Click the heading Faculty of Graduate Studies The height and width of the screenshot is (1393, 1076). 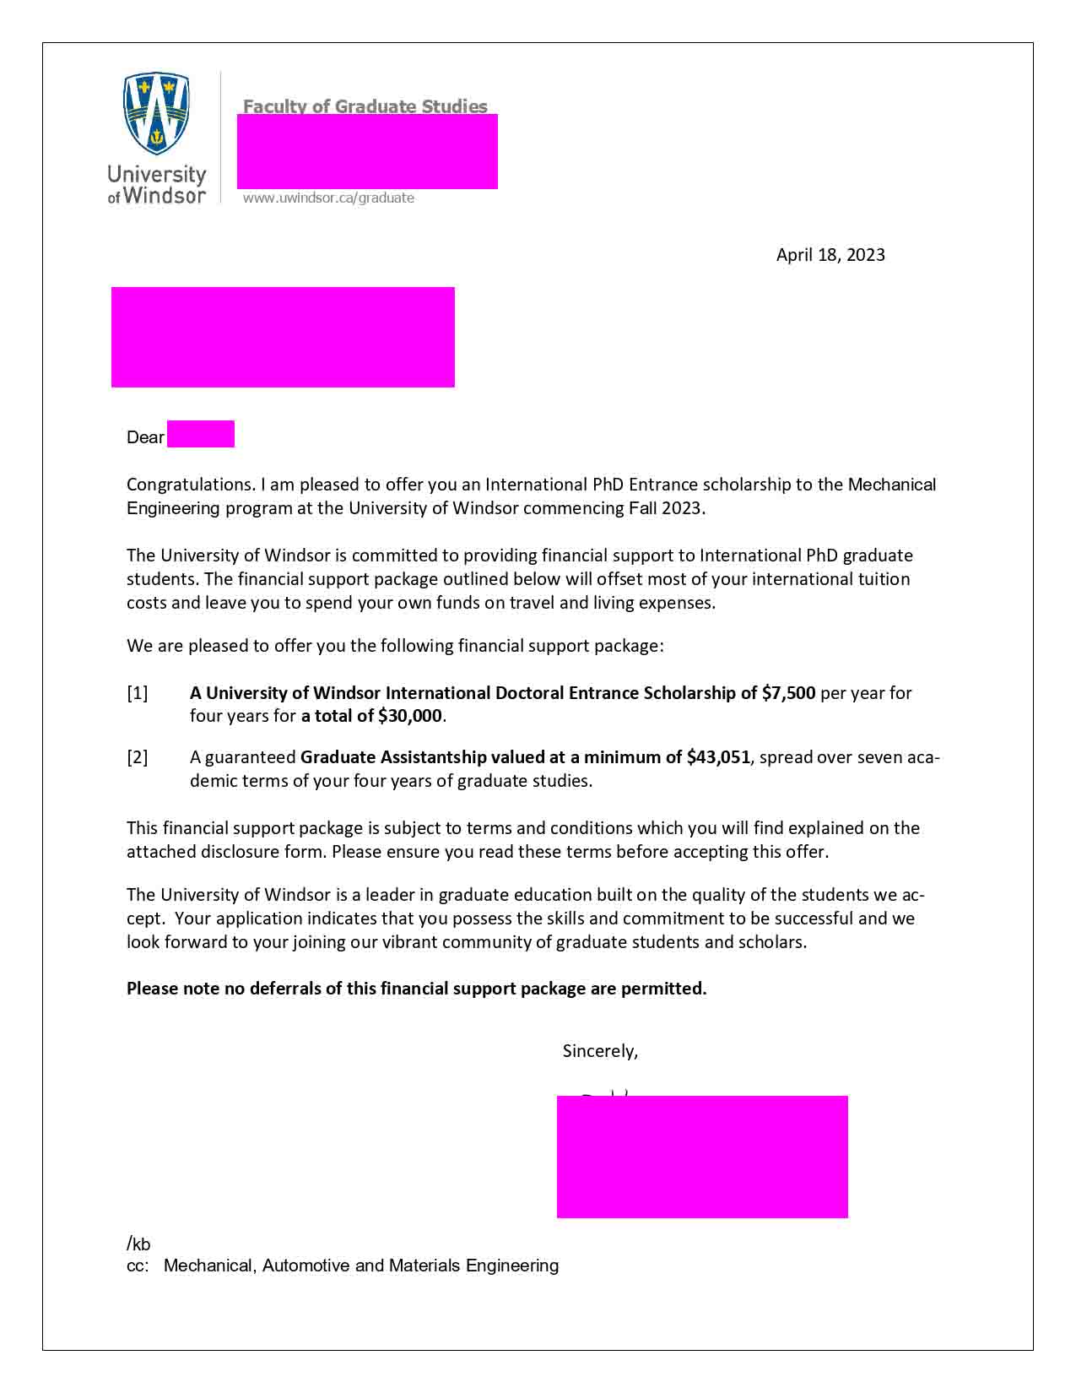[365, 106]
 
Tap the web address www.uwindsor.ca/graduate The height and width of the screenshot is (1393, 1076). [328, 198]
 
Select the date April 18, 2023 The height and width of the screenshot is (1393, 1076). [830, 255]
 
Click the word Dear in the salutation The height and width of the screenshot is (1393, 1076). [145, 437]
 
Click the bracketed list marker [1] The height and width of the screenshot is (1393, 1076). [137, 693]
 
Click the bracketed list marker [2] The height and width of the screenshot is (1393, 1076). [137, 757]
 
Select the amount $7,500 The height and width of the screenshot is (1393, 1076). [788, 693]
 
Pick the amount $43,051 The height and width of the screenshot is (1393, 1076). [718, 757]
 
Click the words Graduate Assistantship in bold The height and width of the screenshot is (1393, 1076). [393, 757]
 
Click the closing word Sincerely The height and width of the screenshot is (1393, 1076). [599, 1051]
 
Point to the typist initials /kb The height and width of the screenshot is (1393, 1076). [138, 1244]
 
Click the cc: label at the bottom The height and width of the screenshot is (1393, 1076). [137, 1266]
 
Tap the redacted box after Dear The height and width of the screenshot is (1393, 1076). [201, 434]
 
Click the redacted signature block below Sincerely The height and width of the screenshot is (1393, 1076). [702, 1157]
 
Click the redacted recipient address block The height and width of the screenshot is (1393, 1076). [283, 337]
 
